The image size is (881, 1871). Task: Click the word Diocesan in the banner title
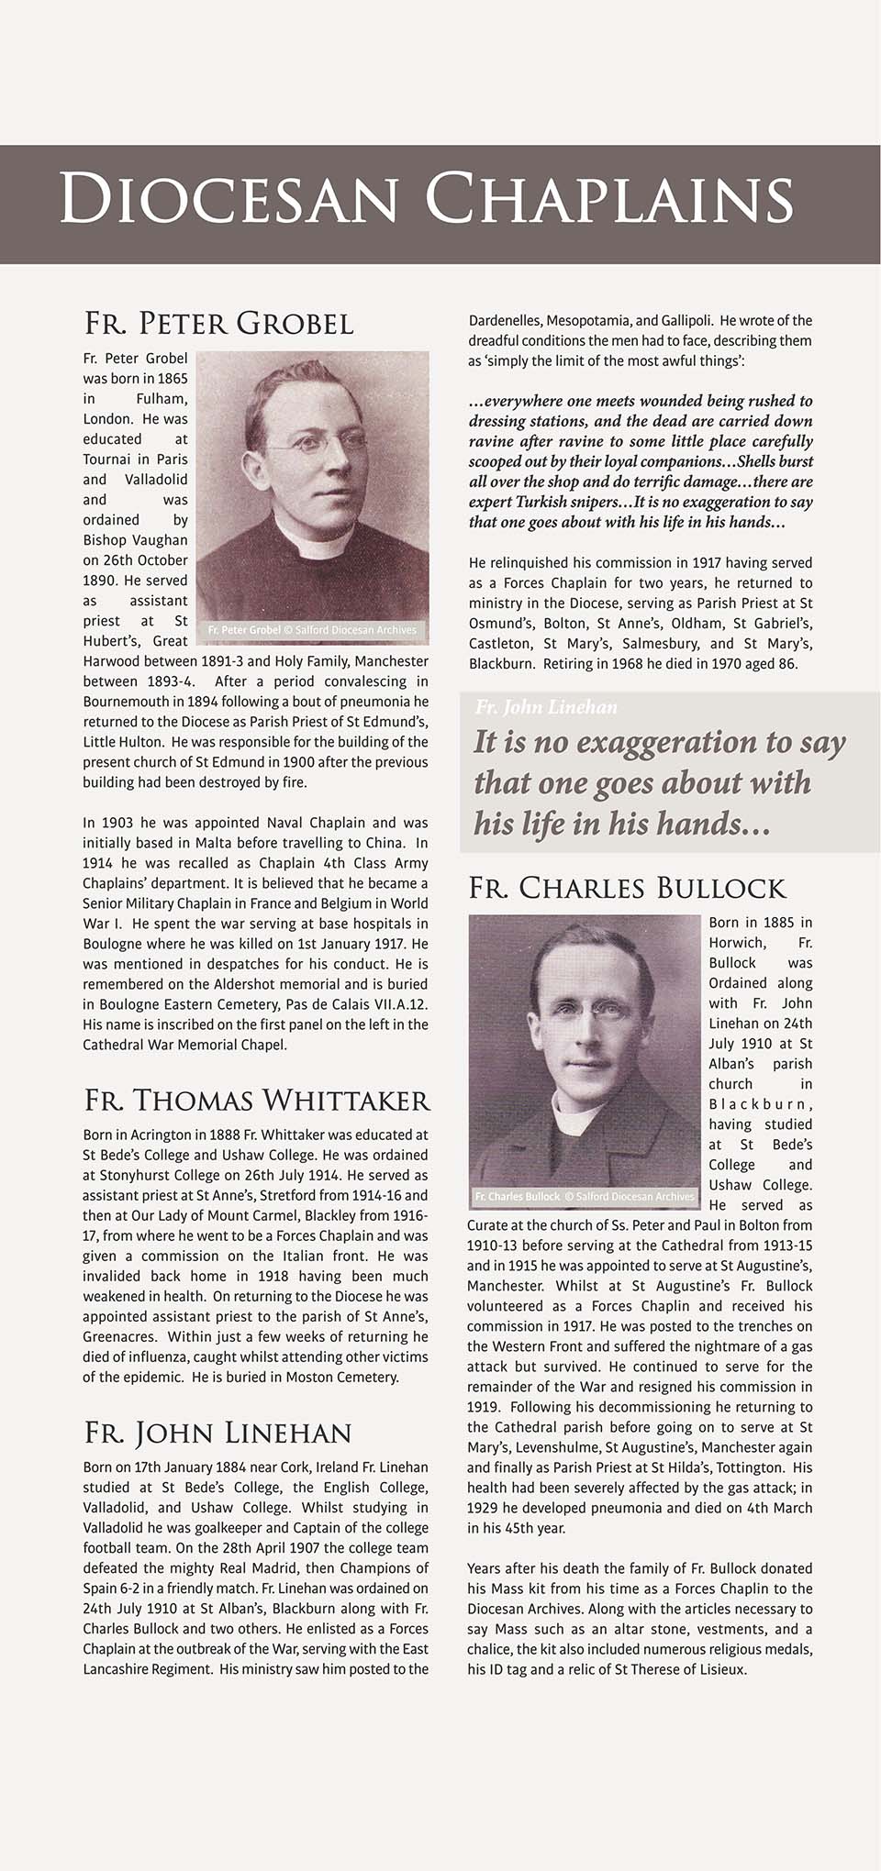click(229, 198)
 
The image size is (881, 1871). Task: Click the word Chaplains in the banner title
click(609, 198)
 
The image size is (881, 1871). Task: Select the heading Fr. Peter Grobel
click(218, 324)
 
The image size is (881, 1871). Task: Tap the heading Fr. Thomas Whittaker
click(256, 1101)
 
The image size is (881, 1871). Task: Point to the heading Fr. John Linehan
click(217, 1433)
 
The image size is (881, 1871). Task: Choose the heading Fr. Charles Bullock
click(627, 888)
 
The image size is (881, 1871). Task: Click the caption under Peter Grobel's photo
click(312, 630)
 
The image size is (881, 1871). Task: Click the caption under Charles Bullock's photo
click(584, 1196)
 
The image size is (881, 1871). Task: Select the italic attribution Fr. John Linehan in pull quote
click(546, 707)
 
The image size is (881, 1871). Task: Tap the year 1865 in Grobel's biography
click(173, 379)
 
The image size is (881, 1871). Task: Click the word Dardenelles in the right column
click(504, 321)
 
